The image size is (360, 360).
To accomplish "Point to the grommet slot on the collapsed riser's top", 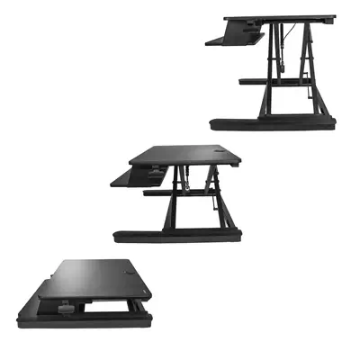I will click(128, 271).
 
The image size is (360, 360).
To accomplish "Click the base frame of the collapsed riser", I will click(81, 322).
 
